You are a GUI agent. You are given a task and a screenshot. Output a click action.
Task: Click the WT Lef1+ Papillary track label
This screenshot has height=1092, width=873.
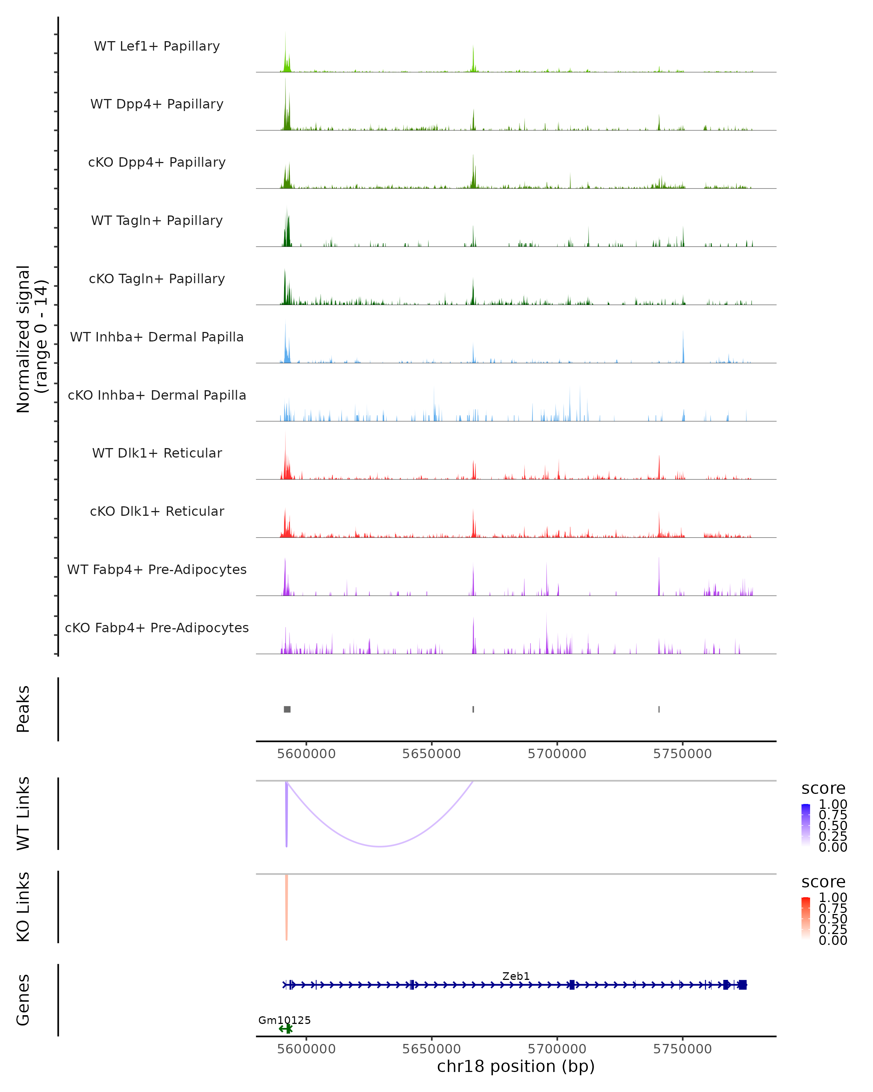coord(157,46)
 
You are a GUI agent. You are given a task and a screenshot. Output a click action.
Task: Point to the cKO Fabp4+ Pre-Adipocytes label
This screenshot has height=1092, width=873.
coord(157,628)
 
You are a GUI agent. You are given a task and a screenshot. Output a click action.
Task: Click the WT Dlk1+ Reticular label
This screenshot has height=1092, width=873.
coord(157,453)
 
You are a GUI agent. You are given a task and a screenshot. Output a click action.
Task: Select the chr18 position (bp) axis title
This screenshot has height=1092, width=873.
coord(516,1066)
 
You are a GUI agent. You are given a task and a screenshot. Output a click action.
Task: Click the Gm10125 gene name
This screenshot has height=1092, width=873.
coord(284,1020)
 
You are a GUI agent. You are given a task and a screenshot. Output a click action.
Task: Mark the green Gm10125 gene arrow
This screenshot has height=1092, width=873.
coord(286,1029)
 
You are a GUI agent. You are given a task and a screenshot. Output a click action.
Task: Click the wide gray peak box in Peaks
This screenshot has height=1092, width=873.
coord(287,709)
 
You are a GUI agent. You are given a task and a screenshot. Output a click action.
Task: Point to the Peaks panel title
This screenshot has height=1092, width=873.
coord(23,709)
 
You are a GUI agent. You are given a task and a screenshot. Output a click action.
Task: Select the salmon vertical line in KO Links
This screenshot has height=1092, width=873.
coord(286,907)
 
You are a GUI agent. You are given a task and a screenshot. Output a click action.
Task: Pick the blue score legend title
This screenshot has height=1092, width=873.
coord(824,789)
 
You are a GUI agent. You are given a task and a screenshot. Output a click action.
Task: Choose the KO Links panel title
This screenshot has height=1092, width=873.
coord(23,907)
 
